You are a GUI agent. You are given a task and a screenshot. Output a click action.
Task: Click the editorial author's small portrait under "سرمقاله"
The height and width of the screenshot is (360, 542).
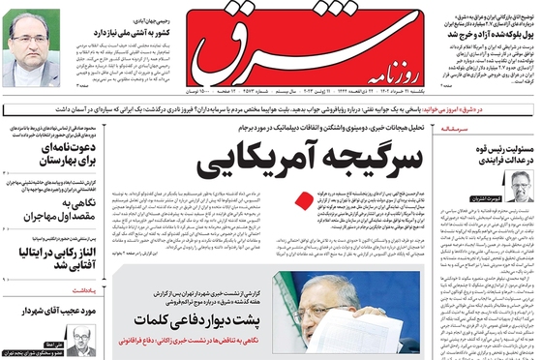519,186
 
